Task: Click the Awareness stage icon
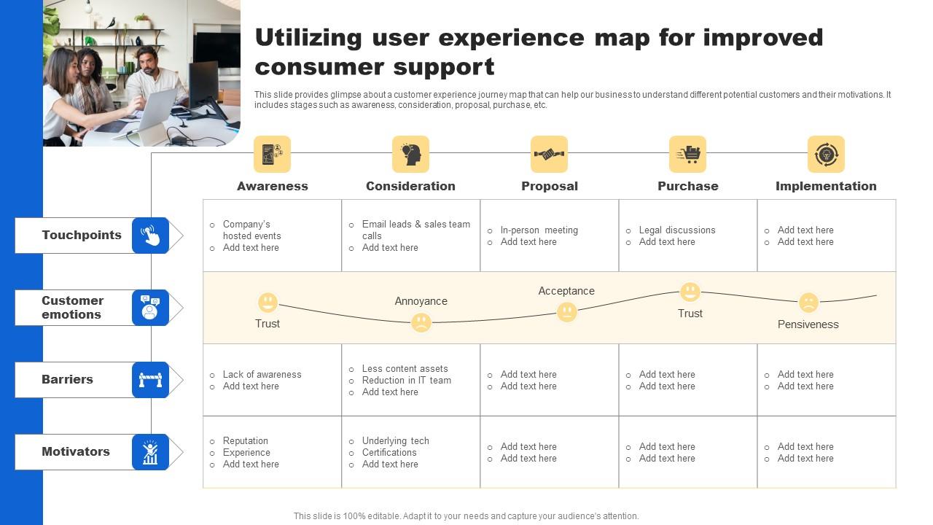click(272, 154)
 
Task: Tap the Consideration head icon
click(410, 154)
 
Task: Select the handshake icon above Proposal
click(549, 154)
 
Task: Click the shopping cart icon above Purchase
click(687, 154)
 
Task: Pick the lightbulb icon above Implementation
click(826, 154)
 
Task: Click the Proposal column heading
click(550, 186)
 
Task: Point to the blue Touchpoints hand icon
click(150, 236)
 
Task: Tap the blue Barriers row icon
click(150, 380)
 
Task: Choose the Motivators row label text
click(76, 451)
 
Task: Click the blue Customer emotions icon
click(150, 307)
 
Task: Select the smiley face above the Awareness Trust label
click(268, 302)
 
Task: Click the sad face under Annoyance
click(421, 322)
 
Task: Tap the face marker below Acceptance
click(566, 312)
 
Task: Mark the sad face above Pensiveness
click(808, 302)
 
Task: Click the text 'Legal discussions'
click(677, 230)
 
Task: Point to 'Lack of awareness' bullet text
click(262, 374)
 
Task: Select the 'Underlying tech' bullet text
click(395, 440)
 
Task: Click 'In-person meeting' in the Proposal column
click(539, 230)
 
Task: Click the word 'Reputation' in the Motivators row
click(246, 440)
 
